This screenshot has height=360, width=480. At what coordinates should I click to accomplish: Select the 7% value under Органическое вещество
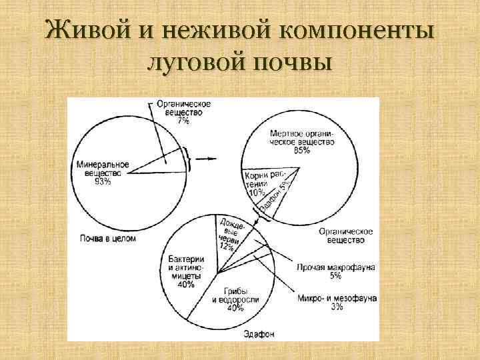pyautogui.click(x=183, y=121)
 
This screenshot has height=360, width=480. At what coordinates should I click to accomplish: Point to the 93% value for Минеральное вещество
pyautogui.click(x=103, y=181)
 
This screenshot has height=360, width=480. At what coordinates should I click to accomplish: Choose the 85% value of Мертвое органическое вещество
pyautogui.click(x=301, y=151)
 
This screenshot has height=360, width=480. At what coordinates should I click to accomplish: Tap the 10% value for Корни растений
pyautogui.click(x=255, y=193)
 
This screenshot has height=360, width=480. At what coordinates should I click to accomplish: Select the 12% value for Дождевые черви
pyautogui.click(x=226, y=247)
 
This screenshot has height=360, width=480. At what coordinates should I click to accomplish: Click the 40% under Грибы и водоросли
pyautogui.click(x=233, y=309)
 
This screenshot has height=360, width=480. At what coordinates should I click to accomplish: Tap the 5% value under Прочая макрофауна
pyautogui.click(x=335, y=275)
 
